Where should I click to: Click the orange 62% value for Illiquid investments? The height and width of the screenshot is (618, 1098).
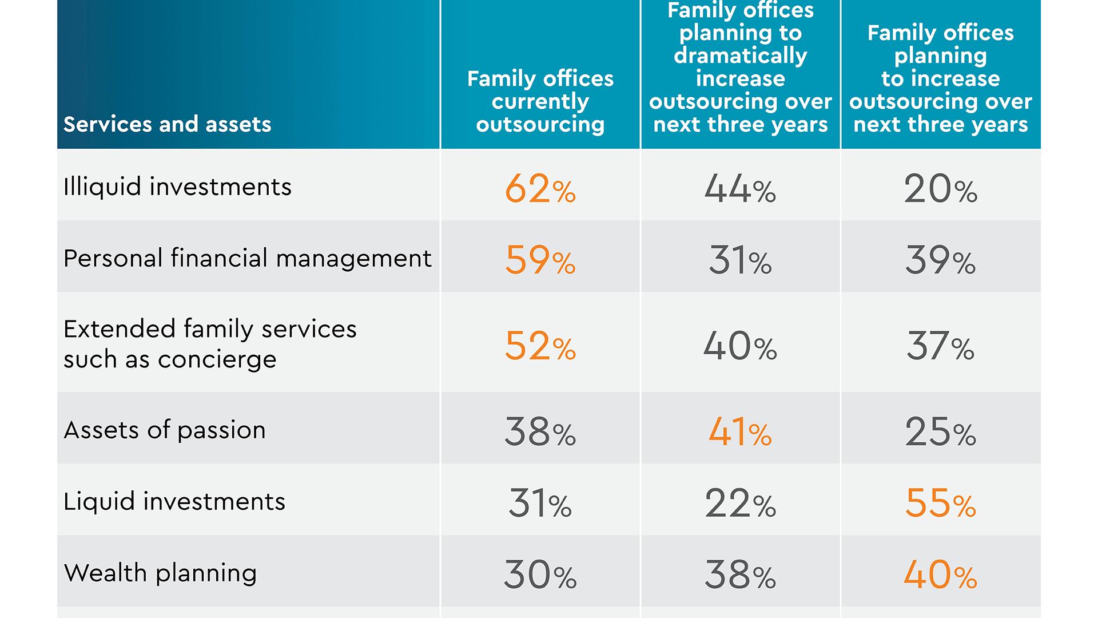tap(540, 189)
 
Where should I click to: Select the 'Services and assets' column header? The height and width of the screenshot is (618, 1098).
tap(167, 124)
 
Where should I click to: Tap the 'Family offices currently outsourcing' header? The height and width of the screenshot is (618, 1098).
tap(540, 101)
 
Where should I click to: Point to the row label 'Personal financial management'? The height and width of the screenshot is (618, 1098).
tap(247, 258)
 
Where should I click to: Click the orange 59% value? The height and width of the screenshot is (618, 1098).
tap(540, 260)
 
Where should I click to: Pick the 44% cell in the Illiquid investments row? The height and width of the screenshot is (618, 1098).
tap(740, 189)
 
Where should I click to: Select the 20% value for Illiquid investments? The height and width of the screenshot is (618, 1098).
tap(940, 189)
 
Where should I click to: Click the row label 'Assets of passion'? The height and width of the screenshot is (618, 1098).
tap(165, 430)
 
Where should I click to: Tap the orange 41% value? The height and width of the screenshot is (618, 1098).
tap(740, 432)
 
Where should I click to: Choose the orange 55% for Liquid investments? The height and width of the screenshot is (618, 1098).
tap(940, 504)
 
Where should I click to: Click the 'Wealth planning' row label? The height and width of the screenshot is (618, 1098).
tap(160, 573)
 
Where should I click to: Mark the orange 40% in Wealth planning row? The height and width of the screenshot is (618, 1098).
tap(940, 575)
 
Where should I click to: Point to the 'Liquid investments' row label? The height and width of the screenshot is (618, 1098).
tap(174, 501)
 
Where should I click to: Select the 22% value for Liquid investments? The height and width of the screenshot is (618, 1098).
tap(740, 504)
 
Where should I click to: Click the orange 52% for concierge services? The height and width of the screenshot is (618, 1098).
tap(540, 346)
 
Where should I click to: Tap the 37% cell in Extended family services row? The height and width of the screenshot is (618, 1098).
tap(940, 346)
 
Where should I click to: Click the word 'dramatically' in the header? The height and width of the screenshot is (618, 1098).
tap(740, 56)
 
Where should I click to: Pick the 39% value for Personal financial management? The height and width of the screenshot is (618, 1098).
tap(940, 260)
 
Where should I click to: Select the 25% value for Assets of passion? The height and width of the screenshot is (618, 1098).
tap(940, 432)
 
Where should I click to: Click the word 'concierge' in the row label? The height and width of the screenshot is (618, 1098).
tap(217, 360)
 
